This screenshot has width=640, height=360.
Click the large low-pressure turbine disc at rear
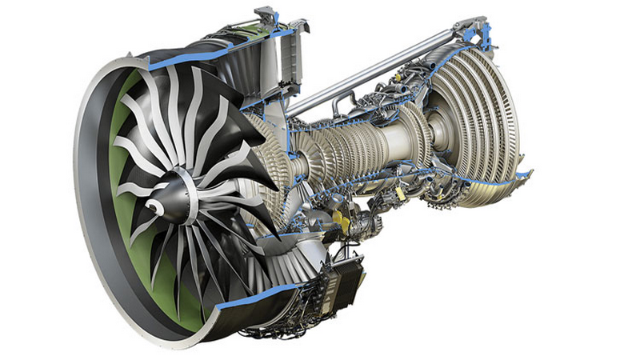tap(480, 120)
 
